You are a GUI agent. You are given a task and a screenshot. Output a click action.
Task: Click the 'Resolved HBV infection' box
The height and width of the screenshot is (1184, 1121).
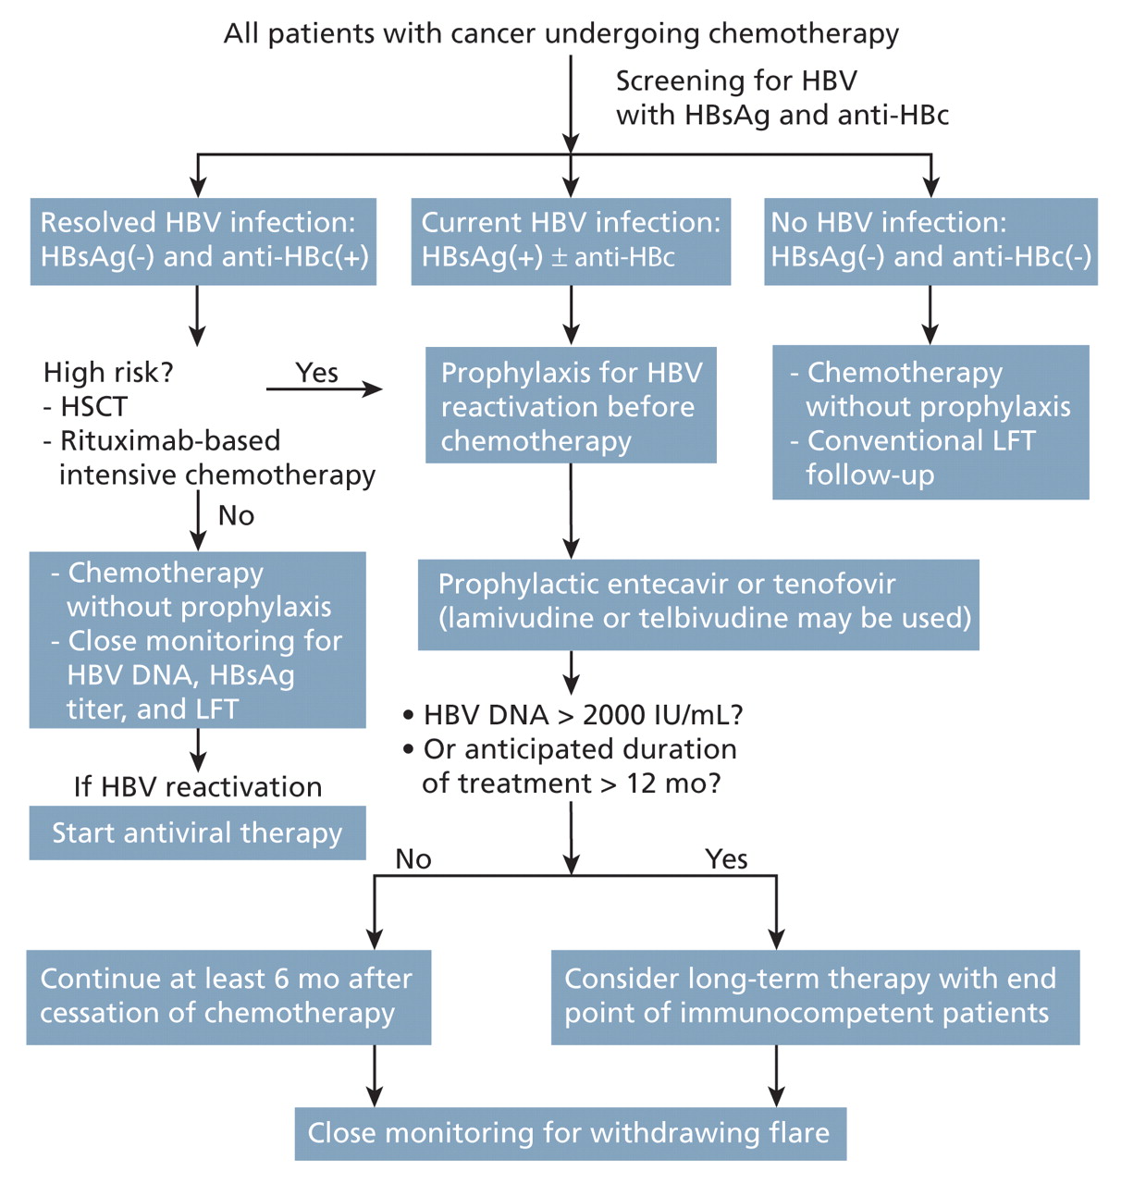pos(203,240)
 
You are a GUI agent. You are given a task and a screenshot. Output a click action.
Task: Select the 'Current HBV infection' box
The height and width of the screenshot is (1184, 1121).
pos(571,240)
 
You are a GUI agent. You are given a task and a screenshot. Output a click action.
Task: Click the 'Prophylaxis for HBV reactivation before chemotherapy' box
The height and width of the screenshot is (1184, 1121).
pos(571,405)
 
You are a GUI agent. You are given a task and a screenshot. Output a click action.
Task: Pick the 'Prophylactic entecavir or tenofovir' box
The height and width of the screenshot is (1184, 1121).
pos(698,603)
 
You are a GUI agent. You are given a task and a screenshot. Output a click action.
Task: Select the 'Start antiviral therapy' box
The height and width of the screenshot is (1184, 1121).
pos(197,832)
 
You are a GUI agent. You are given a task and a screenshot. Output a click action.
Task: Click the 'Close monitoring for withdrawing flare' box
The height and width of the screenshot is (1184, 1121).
pos(570,1132)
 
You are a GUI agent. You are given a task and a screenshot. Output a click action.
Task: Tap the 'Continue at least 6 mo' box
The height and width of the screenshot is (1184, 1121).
pos(228,996)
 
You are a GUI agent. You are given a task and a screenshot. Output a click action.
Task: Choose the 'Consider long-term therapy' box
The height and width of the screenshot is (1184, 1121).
pos(815,996)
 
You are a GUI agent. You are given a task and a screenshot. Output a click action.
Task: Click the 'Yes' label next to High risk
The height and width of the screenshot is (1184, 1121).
pos(316,372)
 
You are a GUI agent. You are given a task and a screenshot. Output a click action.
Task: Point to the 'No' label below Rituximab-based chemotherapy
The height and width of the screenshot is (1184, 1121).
pos(236,515)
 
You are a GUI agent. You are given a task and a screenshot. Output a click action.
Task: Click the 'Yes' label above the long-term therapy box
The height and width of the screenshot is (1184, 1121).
pos(726,858)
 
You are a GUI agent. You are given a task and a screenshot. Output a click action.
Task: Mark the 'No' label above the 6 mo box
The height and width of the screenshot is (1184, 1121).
pos(413,858)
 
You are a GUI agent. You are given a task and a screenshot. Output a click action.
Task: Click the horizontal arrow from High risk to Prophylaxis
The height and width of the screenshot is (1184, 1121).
pos(324,389)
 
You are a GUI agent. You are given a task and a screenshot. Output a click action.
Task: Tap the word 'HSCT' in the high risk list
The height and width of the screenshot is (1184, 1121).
pos(93,406)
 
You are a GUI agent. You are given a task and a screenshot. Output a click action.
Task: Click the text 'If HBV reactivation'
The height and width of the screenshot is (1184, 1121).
pos(198,786)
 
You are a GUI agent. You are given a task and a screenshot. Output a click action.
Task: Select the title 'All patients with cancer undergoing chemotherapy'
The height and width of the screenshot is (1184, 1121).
pos(561,33)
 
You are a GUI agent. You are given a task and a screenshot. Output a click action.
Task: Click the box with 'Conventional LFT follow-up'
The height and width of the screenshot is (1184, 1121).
pos(930,423)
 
